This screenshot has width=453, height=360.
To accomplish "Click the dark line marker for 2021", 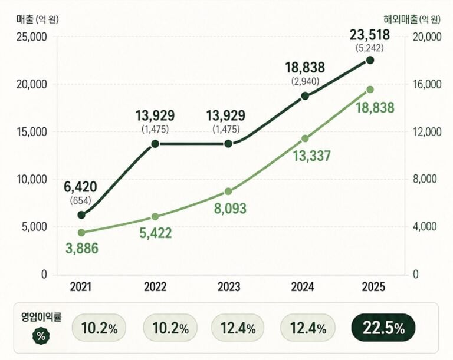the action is click(x=81, y=215).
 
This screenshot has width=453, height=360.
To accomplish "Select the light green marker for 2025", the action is click(x=370, y=90).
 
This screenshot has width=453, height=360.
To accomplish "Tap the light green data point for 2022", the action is click(x=155, y=216).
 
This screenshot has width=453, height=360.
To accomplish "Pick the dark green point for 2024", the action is click(x=305, y=96).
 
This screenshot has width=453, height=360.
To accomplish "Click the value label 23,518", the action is click(x=370, y=35).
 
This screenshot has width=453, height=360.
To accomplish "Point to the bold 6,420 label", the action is click(x=80, y=187).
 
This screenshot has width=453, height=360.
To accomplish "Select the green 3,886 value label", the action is click(x=82, y=249).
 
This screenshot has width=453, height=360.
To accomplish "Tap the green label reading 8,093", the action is click(x=230, y=209).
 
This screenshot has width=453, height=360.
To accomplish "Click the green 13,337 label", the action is click(x=311, y=156).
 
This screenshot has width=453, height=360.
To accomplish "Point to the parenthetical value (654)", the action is click(x=80, y=201).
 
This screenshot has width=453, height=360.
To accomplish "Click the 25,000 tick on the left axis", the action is click(x=32, y=37).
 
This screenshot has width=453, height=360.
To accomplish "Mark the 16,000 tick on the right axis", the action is click(x=427, y=84).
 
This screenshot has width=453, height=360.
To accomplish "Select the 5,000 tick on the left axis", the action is click(x=34, y=227).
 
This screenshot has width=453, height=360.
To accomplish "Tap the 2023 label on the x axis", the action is click(x=229, y=287).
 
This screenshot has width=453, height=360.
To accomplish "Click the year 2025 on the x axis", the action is click(x=373, y=287).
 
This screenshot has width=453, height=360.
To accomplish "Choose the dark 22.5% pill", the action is click(x=383, y=328).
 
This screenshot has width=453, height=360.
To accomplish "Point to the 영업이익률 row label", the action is click(x=42, y=317).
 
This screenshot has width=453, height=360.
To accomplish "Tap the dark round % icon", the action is click(x=41, y=336).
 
